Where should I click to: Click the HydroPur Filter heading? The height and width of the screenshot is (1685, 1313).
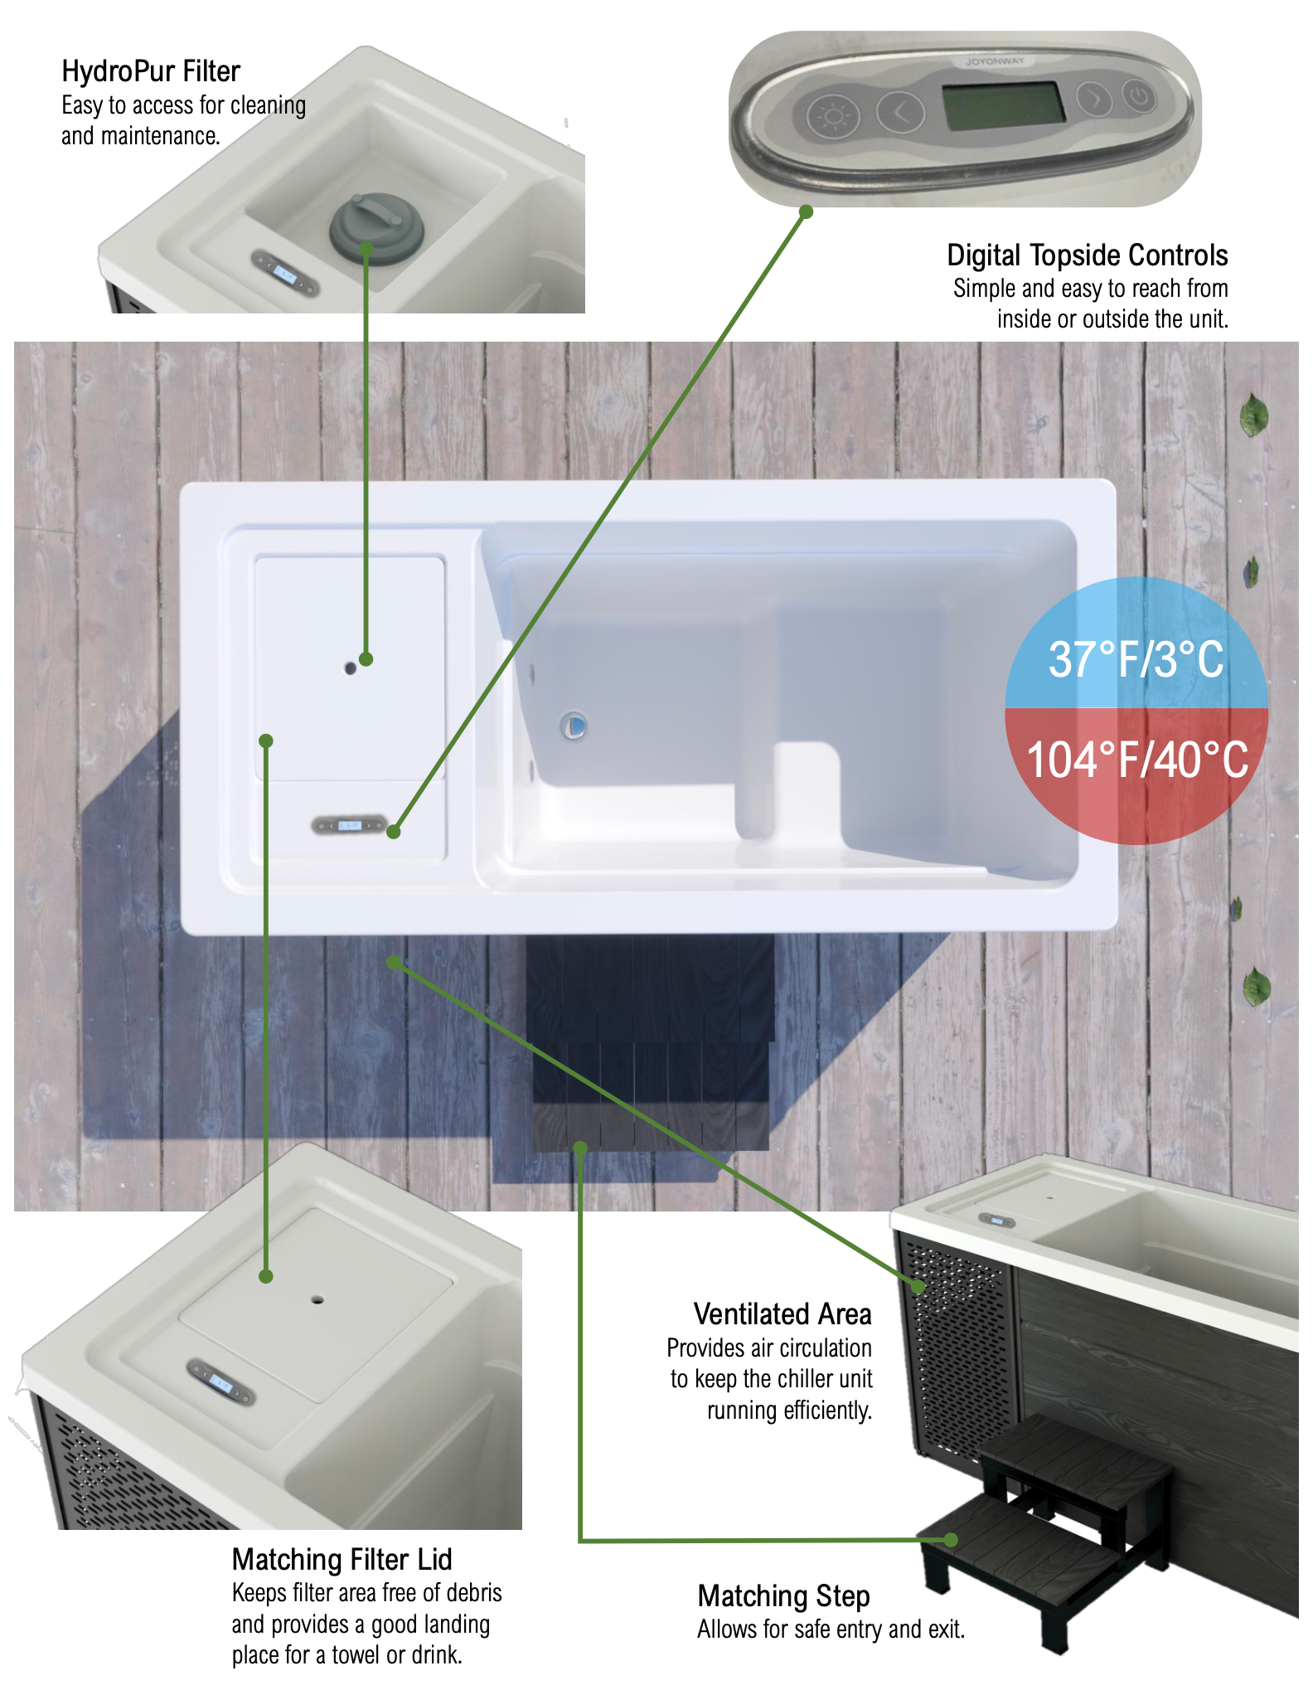151,71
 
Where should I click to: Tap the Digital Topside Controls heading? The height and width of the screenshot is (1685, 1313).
1087,255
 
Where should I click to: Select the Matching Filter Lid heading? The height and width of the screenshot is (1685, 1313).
342,1560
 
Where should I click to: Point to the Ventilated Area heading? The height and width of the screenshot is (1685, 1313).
782,1314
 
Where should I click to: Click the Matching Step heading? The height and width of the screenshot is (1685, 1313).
783,1596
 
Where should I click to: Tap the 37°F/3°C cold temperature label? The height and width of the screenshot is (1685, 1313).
1136,660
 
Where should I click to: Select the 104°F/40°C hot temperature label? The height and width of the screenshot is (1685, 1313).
1137,760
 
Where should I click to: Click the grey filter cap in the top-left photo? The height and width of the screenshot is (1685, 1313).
377,227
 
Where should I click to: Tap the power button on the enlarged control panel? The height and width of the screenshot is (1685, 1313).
1139,95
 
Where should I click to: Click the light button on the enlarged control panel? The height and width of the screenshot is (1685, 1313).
832,115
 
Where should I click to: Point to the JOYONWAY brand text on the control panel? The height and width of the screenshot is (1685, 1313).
994,61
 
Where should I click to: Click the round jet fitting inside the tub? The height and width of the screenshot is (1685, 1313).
574,726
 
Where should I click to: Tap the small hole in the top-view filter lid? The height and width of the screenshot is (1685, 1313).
351,668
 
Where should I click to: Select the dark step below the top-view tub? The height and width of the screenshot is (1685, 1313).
651,1042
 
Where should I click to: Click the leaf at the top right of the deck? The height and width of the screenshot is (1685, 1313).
1254,414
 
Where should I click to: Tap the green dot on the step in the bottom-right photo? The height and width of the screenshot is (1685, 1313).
951,1540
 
